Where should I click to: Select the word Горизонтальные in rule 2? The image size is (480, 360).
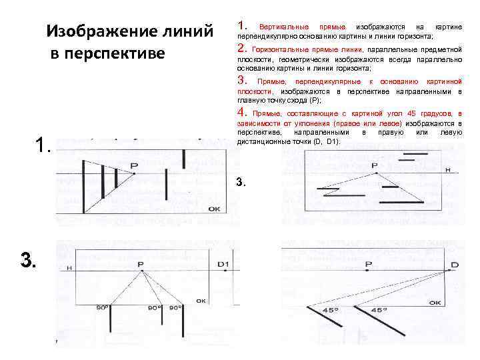coord(283,49)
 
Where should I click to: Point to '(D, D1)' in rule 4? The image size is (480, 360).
coord(323,141)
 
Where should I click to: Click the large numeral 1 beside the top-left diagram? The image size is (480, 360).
coord(42,145)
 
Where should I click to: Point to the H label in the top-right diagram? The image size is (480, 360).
coord(447,170)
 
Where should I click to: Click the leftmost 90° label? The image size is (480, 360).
coord(102,307)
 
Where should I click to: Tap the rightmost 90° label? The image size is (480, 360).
coord(175,307)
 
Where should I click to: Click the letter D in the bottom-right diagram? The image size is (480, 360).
coord(454,265)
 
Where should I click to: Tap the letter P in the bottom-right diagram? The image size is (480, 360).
coord(369,265)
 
